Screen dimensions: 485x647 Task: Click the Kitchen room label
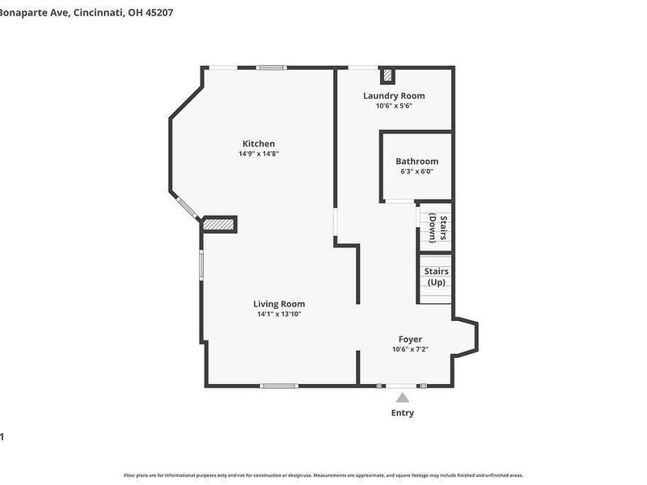click(x=259, y=144)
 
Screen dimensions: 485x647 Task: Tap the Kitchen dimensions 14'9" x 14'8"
click(x=259, y=154)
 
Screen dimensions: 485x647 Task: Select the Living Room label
click(x=281, y=304)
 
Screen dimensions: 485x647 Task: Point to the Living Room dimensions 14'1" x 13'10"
click(x=281, y=314)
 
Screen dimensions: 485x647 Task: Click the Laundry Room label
click(x=394, y=95)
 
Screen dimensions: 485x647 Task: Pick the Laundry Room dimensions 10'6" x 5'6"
click(x=394, y=105)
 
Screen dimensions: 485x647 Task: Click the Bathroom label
click(x=417, y=161)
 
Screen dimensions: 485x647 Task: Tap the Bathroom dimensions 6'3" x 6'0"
click(x=417, y=171)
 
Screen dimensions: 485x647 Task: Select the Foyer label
click(x=410, y=339)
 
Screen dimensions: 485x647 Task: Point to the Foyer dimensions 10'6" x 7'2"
click(x=410, y=349)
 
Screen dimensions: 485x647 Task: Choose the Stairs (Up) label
click(x=437, y=276)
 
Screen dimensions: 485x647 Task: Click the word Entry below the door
click(x=403, y=412)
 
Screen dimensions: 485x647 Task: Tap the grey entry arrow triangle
click(x=403, y=397)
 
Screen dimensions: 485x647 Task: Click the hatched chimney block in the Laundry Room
click(x=388, y=76)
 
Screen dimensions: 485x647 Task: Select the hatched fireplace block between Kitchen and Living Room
click(x=218, y=224)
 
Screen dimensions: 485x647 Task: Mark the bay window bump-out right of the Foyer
click(x=467, y=338)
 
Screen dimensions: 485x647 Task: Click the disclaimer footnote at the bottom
click(x=323, y=475)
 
